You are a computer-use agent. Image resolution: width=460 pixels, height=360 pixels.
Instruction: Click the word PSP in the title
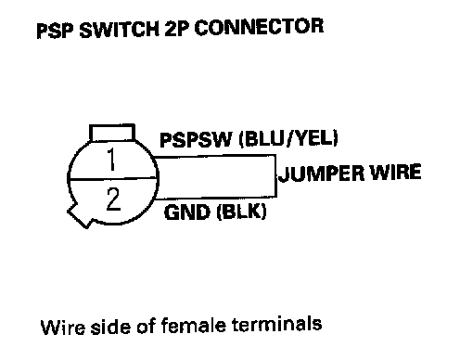tap(55, 31)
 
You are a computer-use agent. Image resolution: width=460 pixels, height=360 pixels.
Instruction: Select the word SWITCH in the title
tap(119, 30)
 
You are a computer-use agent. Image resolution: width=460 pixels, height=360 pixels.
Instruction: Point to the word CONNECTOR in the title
tap(259, 27)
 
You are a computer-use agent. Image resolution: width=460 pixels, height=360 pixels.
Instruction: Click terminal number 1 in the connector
tap(111, 160)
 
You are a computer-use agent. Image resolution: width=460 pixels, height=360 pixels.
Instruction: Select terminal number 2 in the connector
tap(113, 199)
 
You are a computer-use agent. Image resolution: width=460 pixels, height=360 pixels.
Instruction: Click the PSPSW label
tap(196, 140)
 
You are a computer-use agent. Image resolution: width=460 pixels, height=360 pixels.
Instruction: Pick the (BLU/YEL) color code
tap(288, 138)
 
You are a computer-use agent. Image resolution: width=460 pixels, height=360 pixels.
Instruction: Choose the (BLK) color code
tap(241, 212)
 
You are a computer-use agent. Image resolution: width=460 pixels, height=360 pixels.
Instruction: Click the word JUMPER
tap(322, 174)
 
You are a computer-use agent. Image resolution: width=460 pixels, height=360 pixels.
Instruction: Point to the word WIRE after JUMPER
tap(396, 172)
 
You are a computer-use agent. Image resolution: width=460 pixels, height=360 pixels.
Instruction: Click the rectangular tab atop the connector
tap(112, 133)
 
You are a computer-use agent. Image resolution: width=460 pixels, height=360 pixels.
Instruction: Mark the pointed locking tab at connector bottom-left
tap(79, 215)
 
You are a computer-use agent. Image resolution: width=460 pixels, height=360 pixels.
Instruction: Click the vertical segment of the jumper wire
tap(275, 175)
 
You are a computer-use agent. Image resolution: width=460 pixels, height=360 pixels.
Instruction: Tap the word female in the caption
tap(194, 326)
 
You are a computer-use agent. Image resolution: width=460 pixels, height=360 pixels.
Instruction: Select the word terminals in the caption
tap(277, 325)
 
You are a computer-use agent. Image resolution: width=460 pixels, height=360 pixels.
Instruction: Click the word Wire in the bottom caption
tap(63, 328)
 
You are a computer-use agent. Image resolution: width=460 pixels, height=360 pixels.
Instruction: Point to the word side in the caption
tap(110, 327)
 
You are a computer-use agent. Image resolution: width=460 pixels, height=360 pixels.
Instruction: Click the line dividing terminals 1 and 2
tap(112, 178)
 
